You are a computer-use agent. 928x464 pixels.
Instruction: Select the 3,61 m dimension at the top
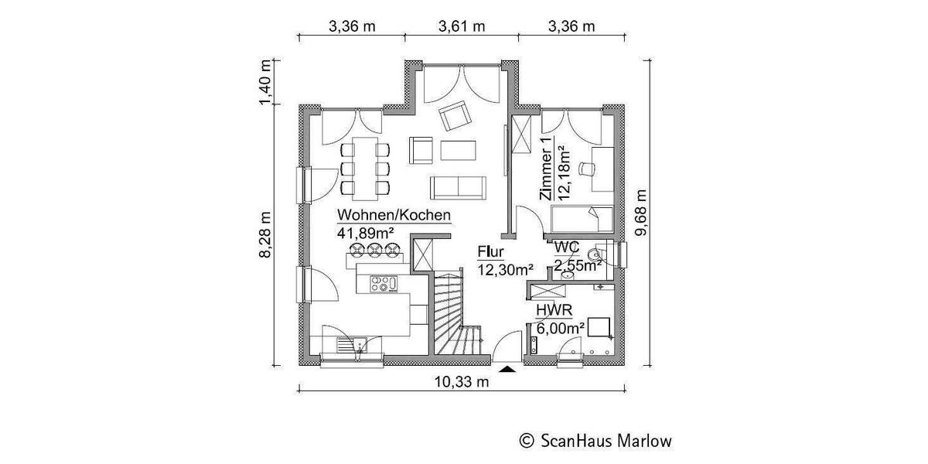[462, 26]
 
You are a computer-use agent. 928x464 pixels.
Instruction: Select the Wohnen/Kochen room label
[393, 216]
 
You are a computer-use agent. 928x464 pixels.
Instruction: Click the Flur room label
[491, 252]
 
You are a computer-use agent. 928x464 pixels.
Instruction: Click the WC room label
[568, 247]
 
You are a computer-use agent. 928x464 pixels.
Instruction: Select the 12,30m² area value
[505, 269]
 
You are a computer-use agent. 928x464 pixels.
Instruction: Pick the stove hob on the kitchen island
[383, 284]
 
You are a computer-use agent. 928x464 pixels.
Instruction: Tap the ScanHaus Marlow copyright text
[595, 441]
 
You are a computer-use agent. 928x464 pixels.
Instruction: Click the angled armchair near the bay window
[455, 117]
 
